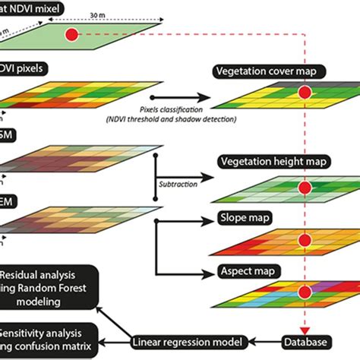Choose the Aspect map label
pos(248,270)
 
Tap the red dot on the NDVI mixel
pos(71,35)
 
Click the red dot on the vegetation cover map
pos(305,93)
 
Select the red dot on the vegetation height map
pos(305,187)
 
